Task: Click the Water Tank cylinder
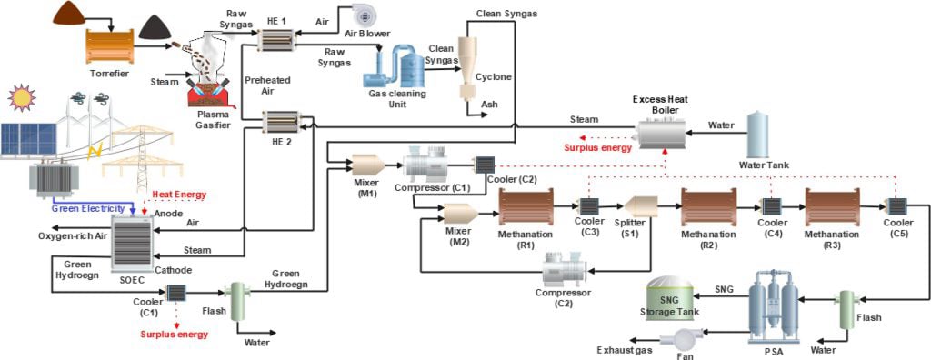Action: coord(761,135)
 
